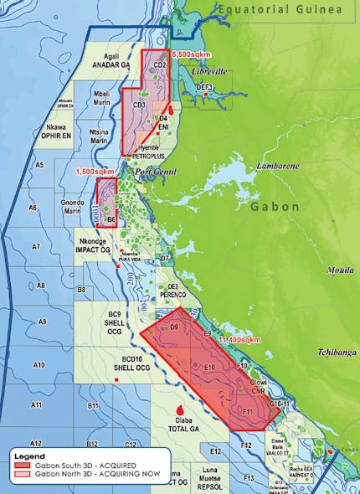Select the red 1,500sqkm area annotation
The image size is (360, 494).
tap(95, 171)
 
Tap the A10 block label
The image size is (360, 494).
tap(38, 365)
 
